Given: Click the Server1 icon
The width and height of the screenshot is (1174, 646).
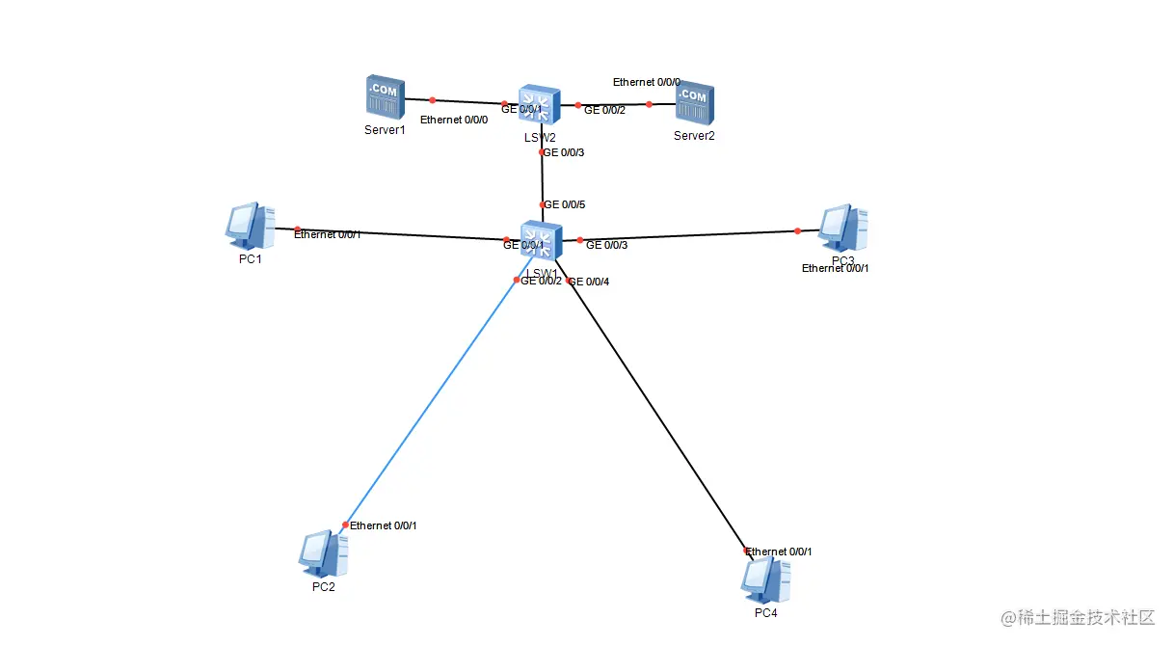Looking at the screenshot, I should click(385, 97).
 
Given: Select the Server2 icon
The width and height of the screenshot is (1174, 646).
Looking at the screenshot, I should click(694, 104).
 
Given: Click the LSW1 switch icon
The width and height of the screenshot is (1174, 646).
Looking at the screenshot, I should click(541, 241).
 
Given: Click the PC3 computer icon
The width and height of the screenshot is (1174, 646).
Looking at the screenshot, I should click(842, 229).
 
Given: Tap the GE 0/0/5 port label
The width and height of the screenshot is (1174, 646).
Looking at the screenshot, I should click(565, 204).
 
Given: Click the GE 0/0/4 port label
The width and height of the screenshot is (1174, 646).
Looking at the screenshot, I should click(589, 282).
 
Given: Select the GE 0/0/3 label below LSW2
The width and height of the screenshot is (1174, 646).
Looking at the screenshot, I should click(565, 152).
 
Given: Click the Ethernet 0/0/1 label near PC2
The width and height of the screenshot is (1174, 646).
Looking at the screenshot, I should click(383, 525).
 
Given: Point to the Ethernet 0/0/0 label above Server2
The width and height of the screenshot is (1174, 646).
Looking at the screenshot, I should click(646, 83).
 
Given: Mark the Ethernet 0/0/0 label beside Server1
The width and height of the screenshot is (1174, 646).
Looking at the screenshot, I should click(454, 120).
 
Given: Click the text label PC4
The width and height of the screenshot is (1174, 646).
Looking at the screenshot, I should click(766, 613).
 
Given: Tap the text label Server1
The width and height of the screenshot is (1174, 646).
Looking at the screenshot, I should click(385, 129).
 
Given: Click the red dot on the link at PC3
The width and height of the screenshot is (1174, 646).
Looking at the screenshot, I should click(797, 230).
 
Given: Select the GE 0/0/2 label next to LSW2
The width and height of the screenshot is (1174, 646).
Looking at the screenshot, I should click(604, 110).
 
